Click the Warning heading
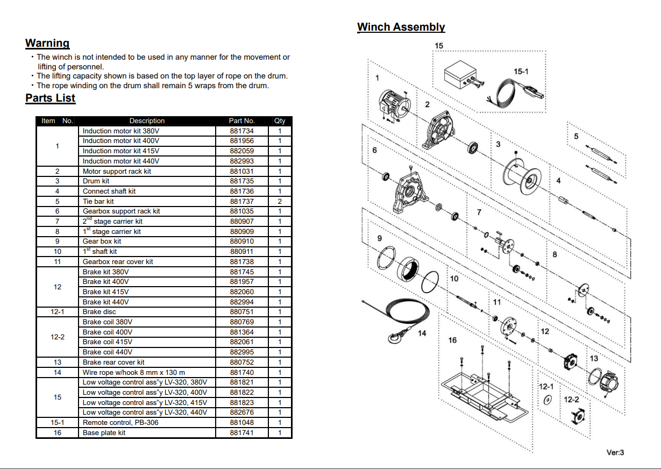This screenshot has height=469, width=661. tap(47, 43)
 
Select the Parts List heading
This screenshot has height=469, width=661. tap(50, 98)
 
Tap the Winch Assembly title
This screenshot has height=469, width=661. tap(401, 27)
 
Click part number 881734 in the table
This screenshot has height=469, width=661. tap(241, 131)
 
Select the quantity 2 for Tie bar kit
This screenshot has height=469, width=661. tap(280, 201)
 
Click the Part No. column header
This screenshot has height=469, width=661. tap(241, 121)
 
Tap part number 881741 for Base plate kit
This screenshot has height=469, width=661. tap(241, 433)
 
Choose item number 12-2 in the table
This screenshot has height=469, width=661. tap(58, 337)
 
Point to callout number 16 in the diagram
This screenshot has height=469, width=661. tap(452, 340)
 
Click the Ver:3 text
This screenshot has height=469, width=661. tap(615, 452)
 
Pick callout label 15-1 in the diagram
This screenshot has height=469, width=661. tap(521, 71)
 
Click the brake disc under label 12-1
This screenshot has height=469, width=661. tap(547, 401)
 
